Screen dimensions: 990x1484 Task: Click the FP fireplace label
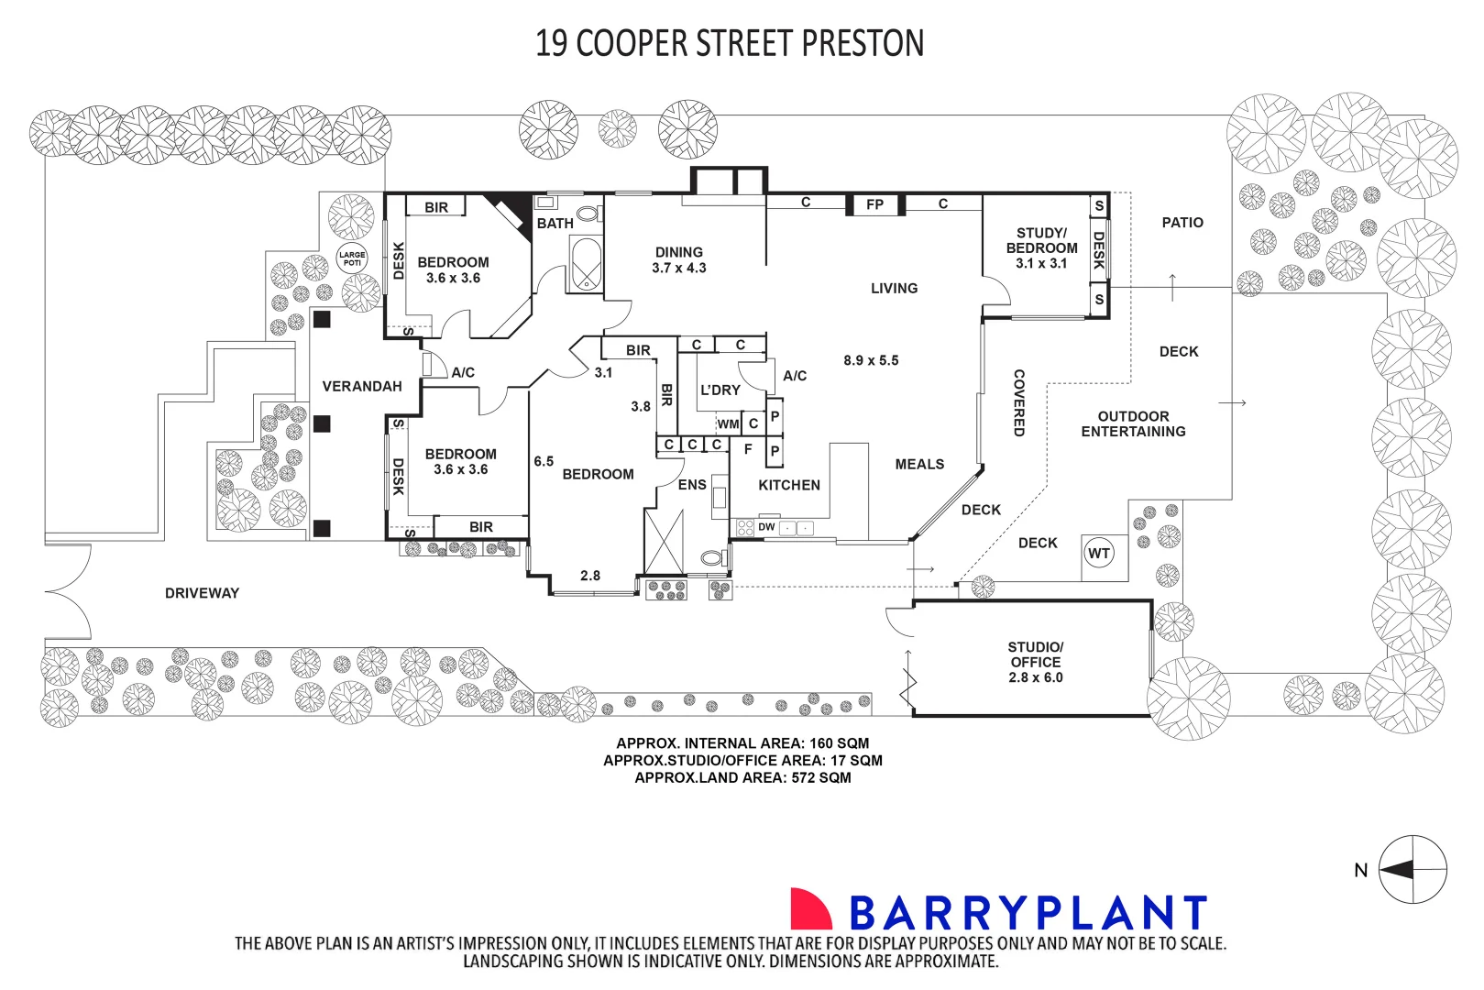874,204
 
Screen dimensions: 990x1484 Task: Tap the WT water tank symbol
1098,553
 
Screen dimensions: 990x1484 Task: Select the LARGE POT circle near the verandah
352,258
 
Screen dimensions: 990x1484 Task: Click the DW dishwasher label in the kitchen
766,527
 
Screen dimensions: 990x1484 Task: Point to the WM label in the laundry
728,423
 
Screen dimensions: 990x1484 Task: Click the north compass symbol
1413,870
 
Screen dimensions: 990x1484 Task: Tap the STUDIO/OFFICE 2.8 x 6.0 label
1036,662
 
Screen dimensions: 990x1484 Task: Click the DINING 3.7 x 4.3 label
679,259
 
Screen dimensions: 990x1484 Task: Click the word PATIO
1182,223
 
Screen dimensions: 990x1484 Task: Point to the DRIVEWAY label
202,593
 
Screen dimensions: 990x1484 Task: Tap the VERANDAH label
362,386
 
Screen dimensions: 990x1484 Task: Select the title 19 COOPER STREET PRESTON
730,43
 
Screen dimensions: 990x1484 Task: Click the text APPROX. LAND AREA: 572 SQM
742,777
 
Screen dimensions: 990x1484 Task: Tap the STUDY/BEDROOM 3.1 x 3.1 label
1041,247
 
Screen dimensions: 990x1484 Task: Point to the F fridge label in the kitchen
748,449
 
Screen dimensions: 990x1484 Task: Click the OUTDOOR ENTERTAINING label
1133,423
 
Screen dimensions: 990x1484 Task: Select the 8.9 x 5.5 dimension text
871,360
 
